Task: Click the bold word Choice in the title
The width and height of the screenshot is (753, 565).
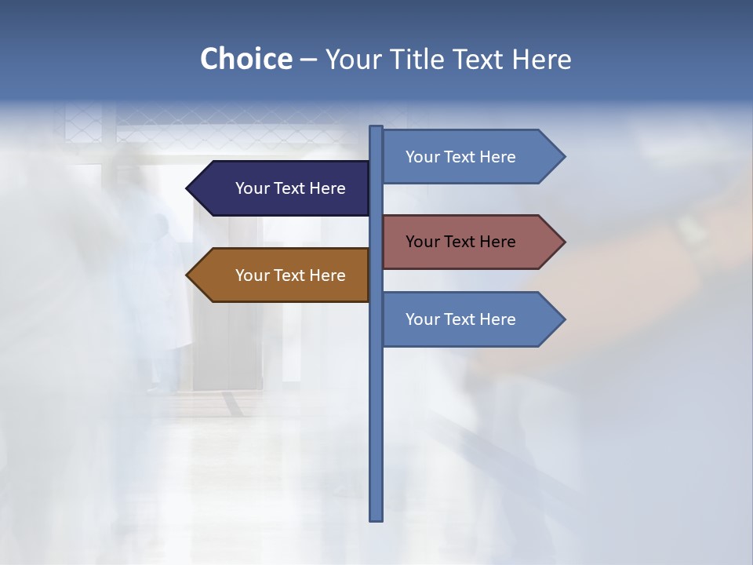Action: coord(246,59)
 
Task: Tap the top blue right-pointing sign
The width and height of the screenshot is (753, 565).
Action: coord(471,157)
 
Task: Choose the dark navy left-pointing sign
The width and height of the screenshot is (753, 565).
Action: coord(282,188)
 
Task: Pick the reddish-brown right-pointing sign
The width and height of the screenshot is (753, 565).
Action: coord(471,242)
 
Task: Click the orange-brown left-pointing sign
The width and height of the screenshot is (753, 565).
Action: coord(282,275)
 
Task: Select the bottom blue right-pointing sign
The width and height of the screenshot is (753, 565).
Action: coord(471,319)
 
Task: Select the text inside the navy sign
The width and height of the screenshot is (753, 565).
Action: coord(290,188)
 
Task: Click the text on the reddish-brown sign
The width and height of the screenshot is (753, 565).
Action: coord(460,242)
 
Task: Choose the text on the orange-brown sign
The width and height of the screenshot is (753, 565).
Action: coord(290,275)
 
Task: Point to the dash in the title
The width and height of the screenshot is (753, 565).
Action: coord(308,60)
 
